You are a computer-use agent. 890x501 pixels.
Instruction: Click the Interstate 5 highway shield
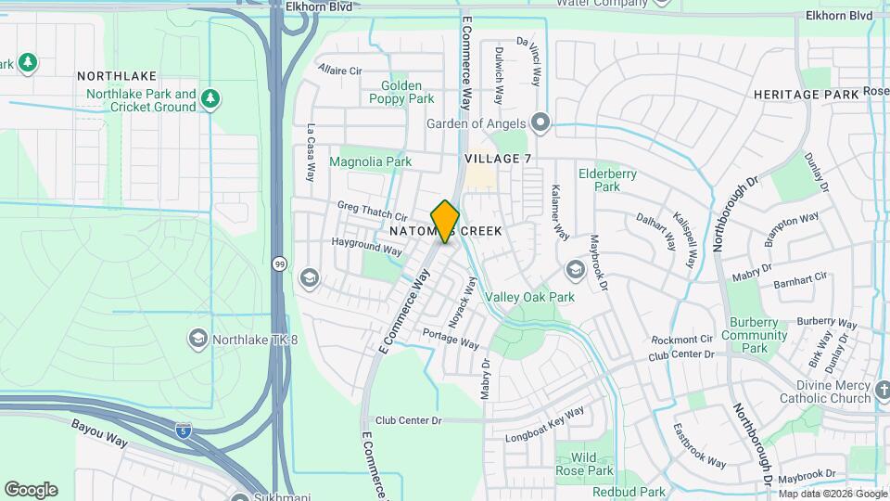pos(184,430)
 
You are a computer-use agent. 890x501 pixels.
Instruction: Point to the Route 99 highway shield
pos(279,264)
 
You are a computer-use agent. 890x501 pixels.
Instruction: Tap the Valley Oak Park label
pos(530,298)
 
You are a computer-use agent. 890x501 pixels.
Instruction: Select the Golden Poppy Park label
pos(400,92)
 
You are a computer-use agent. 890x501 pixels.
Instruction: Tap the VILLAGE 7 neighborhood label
pos(498,159)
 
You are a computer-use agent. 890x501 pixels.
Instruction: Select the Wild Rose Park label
pos(584,464)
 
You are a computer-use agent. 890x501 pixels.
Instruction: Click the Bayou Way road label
pos(101,430)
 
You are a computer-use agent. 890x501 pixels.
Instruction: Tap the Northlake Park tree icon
pos(211,96)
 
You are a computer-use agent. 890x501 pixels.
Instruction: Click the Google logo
pos(31,490)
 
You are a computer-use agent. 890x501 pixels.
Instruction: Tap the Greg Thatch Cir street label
pos(372,211)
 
